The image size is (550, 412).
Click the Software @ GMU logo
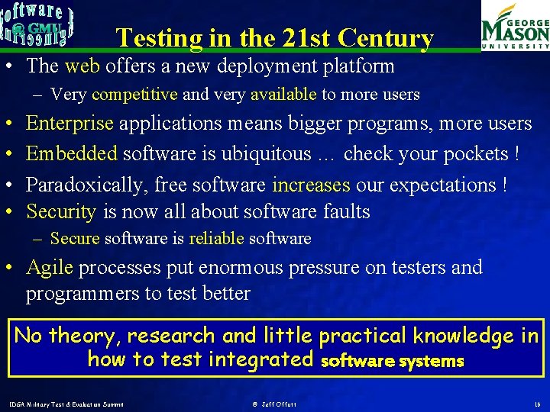pos(37,25)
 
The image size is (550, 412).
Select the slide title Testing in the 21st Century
pos(274,38)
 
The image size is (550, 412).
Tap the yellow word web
pos(82,66)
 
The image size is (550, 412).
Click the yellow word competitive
pos(134,95)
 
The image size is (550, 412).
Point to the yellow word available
pos(283,95)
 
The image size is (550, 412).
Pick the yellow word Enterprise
pos(70,124)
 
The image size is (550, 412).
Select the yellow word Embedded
pos(72,154)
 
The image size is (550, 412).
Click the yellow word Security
pos(61,211)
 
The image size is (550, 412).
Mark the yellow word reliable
pos(216,239)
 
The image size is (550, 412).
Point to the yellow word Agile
pos(50,268)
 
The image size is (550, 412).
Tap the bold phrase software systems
pos(393,361)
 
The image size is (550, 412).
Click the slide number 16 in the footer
pos(536,404)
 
